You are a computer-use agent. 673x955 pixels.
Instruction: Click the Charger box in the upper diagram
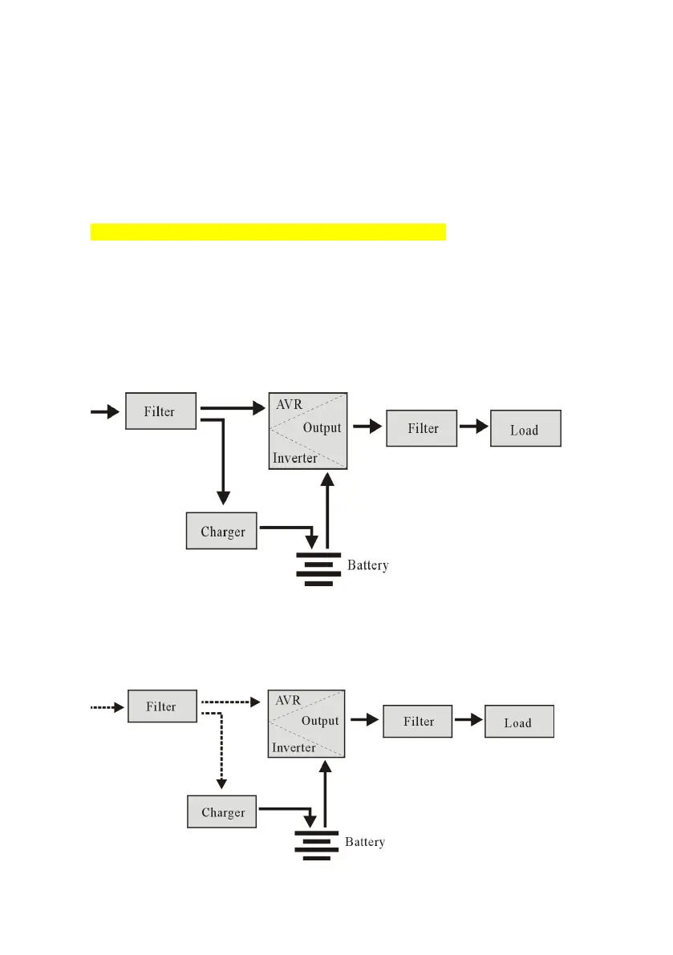coord(221,531)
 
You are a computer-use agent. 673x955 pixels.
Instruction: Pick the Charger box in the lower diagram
coord(222,811)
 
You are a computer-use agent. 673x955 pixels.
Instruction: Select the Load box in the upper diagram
coord(525,429)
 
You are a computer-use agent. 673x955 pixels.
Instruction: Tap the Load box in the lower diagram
coord(519,722)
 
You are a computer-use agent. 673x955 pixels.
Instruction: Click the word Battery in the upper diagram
coord(367,565)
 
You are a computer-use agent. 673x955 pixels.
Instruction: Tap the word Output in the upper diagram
coord(322,427)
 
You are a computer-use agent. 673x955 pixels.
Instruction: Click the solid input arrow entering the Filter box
coord(104,411)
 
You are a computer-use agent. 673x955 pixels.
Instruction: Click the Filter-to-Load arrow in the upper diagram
coord(473,427)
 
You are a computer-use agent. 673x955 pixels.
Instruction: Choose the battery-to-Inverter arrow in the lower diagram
coord(326,794)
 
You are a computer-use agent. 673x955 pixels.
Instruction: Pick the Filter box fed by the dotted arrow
coord(161,706)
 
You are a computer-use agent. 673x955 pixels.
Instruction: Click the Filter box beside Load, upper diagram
coord(422,428)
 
